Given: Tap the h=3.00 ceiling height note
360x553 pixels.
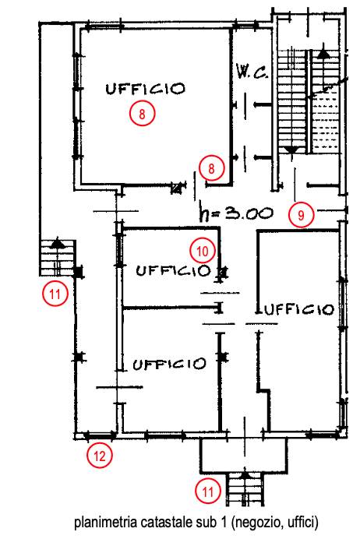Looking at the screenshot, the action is [x=236, y=213].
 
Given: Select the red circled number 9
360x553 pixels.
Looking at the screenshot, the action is [x=301, y=214].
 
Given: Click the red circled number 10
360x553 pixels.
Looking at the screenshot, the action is [x=203, y=251].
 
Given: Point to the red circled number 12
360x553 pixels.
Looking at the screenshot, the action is [x=100, y=456].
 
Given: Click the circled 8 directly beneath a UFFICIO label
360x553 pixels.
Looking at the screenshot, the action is [x=142, y=114].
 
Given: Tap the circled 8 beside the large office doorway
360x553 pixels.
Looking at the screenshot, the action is [x=211, y=168].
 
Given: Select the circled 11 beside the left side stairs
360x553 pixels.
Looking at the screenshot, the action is [x=55, y=294].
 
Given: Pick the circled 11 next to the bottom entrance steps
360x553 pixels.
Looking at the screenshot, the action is [x=208, y=491].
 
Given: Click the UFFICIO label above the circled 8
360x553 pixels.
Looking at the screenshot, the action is [x=145, y=89].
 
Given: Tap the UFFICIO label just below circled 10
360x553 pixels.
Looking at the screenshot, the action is [x=173, y=271].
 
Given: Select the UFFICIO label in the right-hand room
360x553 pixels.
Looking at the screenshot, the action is [x=298, y=310].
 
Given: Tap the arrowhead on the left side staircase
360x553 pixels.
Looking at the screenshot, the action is [x=56, y=243].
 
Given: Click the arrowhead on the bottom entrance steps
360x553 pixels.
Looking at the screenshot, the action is [x=245, y=474].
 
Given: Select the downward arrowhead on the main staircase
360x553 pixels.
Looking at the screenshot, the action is [x=291, y=150].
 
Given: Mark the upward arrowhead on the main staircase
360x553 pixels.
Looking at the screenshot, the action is [x=323, y=54].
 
